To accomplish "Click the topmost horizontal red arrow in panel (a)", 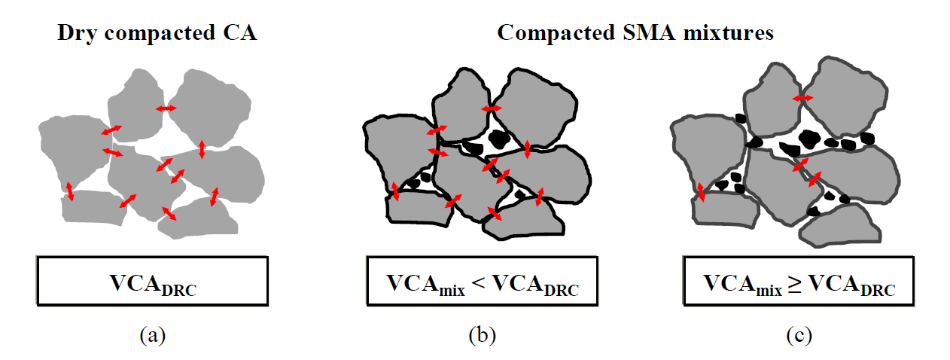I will pyautogui.click(x=166, y=109).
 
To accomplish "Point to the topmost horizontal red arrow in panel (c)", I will pyautogui.click(x=802, y=99).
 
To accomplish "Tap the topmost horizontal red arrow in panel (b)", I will pyautogui.click(x=492, y=109).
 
